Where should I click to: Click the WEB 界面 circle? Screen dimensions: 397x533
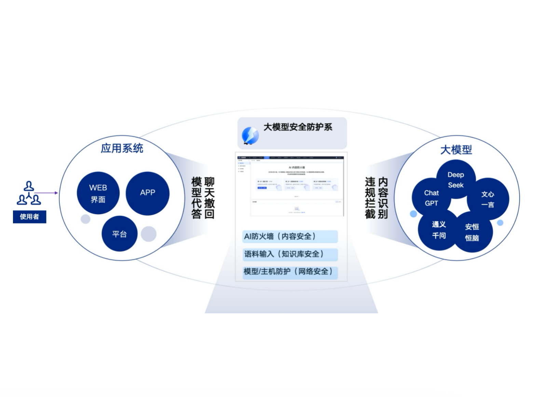[98, 193]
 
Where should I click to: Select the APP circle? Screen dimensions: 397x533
[148, 193]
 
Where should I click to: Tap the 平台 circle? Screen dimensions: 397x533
[119, 234]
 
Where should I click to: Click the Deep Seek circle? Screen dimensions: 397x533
[456, 179]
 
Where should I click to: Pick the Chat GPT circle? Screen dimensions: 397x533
[431, 198]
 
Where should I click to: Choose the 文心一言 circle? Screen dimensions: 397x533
[488, 199]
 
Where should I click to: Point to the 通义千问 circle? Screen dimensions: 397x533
[439, 230]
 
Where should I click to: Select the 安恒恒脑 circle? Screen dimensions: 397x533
[472, 232]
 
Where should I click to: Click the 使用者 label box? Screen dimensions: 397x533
[29, 217]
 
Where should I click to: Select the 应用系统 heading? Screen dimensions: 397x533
[122, 148]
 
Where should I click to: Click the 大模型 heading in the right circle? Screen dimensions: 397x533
[456, 150]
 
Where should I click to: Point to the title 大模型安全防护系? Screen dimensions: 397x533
[298, 127]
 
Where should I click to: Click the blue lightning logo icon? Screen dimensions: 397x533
[250, 135]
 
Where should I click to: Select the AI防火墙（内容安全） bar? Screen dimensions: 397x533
[290, 236]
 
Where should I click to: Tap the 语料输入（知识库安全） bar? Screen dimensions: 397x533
[290, 254]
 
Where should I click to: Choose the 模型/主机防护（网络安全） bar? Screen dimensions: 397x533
[290, 272]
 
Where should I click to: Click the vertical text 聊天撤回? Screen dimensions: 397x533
[209, 198]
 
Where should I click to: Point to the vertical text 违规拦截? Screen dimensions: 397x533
[370, 198]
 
